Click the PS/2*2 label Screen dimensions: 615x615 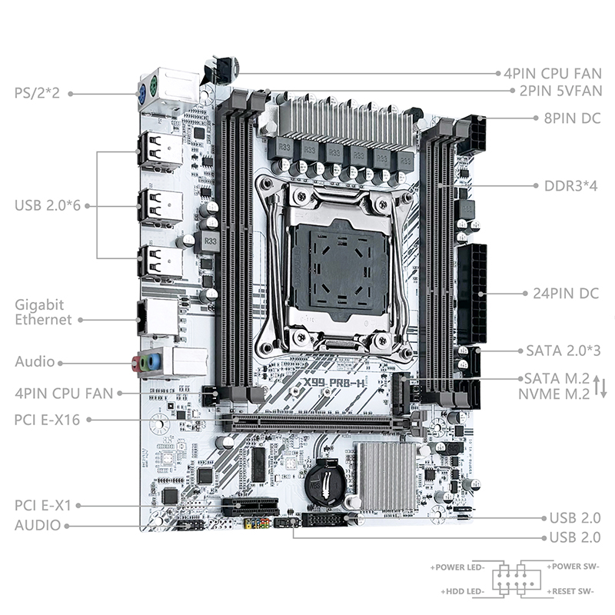pos(37,93)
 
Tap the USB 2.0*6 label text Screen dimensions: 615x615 pos(47,205)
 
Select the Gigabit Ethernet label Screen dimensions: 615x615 pos(43,312)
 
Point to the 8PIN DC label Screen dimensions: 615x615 pos(572,118)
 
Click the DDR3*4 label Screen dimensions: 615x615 pos(570,185)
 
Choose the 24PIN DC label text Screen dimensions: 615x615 pos(566,294)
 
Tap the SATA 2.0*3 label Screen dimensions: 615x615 pos(563,351)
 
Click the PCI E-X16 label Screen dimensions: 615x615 pos(47,420)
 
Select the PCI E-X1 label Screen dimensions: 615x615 pos(43,505)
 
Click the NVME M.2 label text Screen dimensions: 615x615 pos(553,394)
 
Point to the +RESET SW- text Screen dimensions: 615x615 pos(570,591)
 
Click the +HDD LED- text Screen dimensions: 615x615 pos(463,591)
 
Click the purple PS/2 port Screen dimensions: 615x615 pos(144,94)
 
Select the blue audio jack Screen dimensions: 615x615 pos(155,361)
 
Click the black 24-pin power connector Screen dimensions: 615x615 pos(472,294)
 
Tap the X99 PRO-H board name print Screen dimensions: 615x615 pos(334,382)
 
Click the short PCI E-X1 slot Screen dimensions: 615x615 pos(251,507)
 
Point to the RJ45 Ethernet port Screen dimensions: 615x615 pos(157,317)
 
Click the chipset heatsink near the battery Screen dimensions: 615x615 pos(387,477)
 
